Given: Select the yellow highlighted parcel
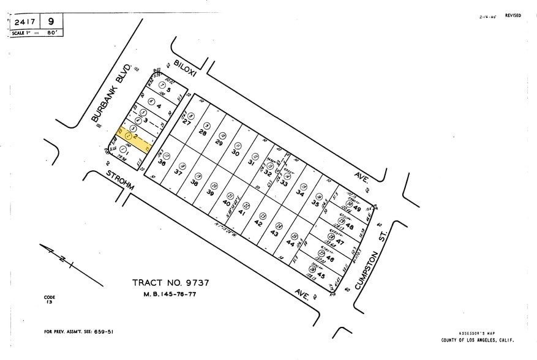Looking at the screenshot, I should (x=133, y=140).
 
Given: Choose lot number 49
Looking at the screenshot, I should (x=357, y=209).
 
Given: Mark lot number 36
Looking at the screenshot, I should (x=162, y=163).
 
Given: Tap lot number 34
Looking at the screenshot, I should (x=300, y=193).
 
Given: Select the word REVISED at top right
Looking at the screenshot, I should (x=513, y=16).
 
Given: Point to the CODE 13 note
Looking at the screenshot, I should (x=49, y=300).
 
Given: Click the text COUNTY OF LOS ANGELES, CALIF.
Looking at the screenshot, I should (x=478, y=340).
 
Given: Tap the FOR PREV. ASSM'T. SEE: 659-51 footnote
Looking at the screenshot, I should (x=78, y=332).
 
